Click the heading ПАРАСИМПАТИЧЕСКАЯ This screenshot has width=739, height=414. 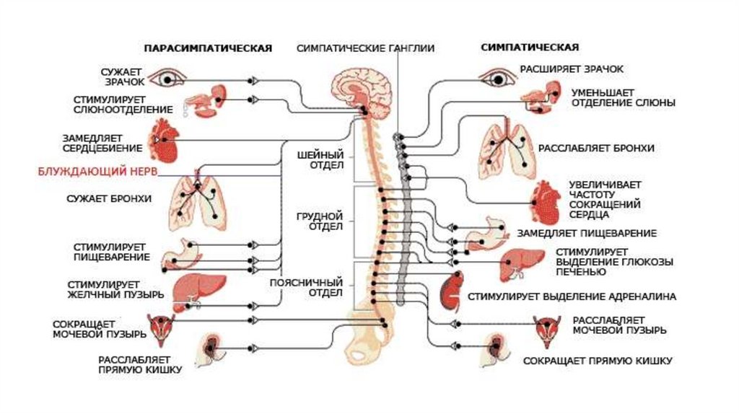[208, 48]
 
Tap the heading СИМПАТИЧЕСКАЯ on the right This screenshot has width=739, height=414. [530, 48]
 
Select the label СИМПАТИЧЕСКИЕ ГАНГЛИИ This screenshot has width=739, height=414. [365, 48]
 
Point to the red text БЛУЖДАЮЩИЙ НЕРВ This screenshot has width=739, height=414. [97, 172]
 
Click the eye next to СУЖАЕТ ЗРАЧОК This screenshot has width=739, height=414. [170, 79]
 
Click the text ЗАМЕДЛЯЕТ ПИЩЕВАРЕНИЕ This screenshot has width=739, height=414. [586, 234]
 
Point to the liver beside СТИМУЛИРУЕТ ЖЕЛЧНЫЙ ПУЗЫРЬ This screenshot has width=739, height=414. [192, 282]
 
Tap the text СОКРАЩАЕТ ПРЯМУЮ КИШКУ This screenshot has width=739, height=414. [598, 360]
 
